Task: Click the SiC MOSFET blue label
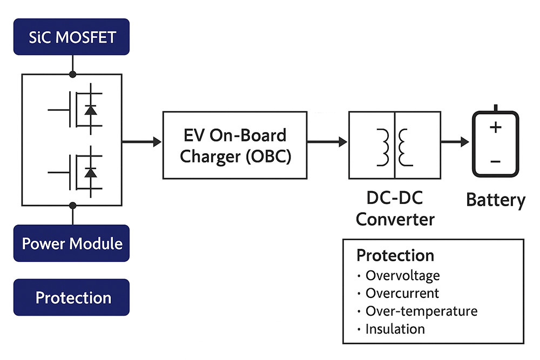(x=71, y=37)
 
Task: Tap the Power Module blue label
(x=71, y=243)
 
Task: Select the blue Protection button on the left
(x=71, y=297)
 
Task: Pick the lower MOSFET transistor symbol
(x=78, y=172)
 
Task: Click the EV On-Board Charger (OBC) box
(x=235, y=145)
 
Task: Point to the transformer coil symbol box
(x=394, y=145)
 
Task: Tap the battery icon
(x=496, y=144)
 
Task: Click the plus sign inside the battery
(x=496, y=128)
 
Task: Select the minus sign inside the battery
(x=496, y=161)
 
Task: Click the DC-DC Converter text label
(x=395, y=209)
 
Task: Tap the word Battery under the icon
(x=495, y=200)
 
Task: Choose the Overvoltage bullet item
(x=402, y=276)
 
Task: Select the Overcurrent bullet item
(x=402, y=294)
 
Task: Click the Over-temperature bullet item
(x=421, y=311)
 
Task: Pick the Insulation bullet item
(x=395, y=329)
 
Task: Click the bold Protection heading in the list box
(x=395, y=255)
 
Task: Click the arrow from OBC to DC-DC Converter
(x=327, y=142)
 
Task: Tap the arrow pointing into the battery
(x=454, y=142)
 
